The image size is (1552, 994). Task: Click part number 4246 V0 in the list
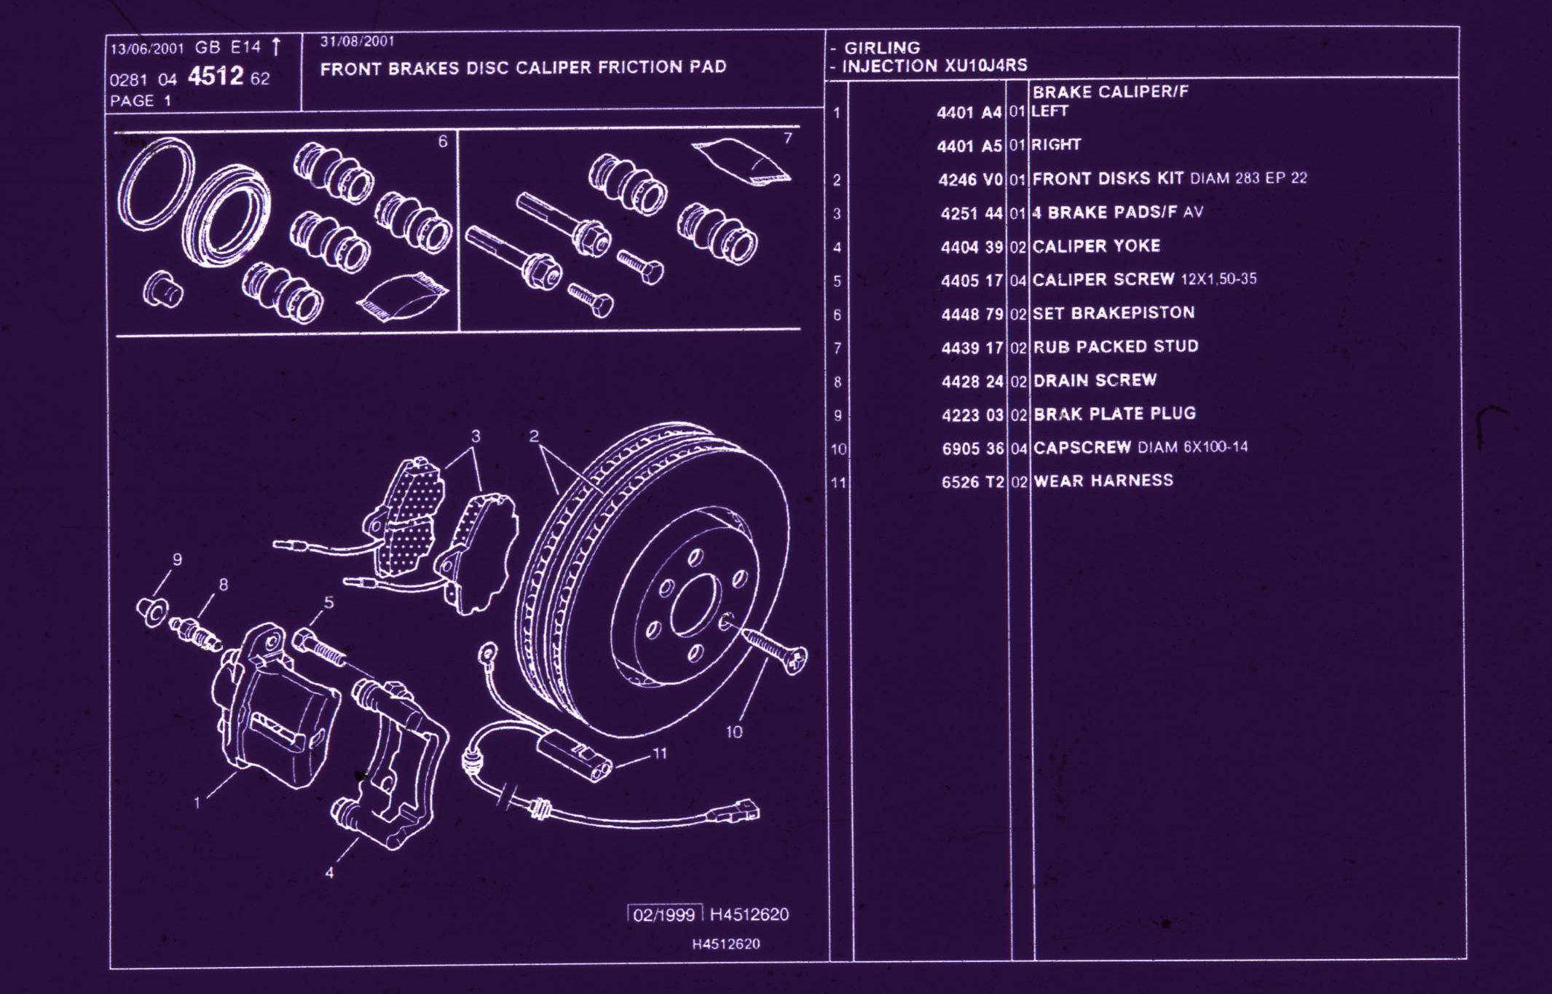click(971, 180)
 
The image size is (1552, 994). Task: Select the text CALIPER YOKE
click(1096, 246)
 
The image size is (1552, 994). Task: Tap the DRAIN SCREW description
click(1095, 380)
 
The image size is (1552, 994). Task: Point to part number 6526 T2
click(972, 482)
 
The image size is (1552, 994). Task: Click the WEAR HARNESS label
click(1103, 481)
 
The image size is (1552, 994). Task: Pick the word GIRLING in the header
click(882, 48)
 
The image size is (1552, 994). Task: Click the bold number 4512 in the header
click(216, 76)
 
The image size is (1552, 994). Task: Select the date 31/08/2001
click(357, 42)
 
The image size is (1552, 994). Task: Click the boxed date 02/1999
click(664, 915)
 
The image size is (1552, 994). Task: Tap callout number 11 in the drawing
click(660, 754)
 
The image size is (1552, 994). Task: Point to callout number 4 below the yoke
click(330, 872)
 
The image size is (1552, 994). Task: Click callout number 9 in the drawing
click(177, 559)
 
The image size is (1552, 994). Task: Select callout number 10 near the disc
click(733, 732)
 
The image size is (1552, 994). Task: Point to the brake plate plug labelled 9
click(153, 612)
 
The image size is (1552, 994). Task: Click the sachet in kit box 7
click(741, 160)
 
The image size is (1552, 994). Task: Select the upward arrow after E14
click(276, 47)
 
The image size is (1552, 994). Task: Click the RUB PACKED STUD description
click(1116, 347)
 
